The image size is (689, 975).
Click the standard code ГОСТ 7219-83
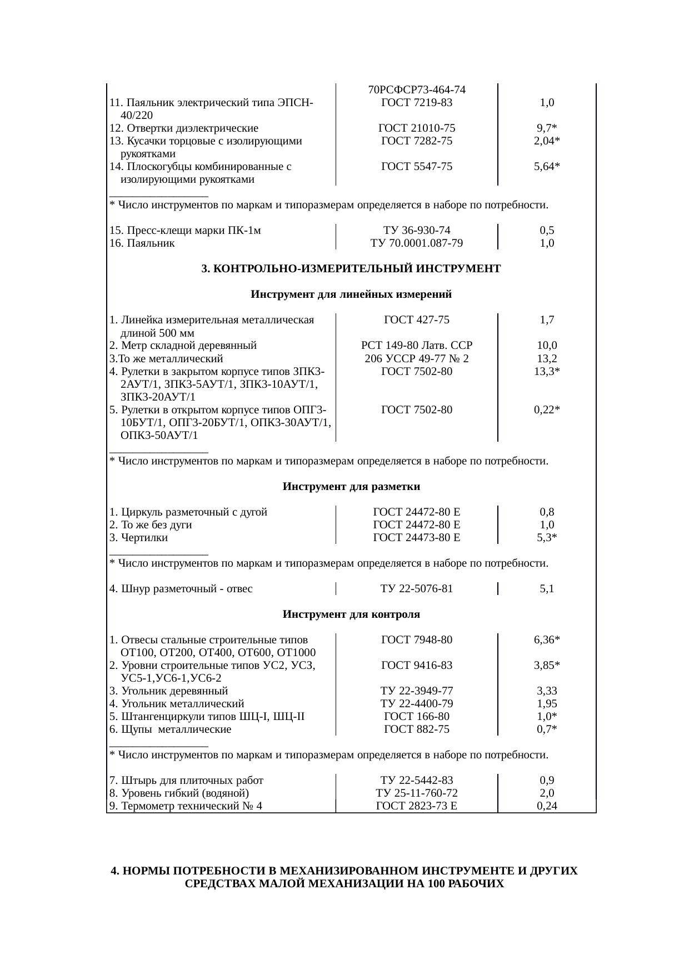[x=417, y=103]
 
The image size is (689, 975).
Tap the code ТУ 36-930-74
[x=417, y=231]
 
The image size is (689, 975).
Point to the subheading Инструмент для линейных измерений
[x=351, y=294]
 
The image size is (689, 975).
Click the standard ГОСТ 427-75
[x=417, y=320]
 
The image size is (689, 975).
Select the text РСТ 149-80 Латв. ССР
[x=417, y=346]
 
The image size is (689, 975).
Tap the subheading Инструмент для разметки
[x=351, y=487]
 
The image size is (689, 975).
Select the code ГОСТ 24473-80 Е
[x=417, y=538]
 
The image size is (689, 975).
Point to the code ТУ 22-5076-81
[x=417, y=589]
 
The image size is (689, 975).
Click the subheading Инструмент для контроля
[x=351, y=614]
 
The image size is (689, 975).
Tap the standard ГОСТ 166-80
[x=417, y=717]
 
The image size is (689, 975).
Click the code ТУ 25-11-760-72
[x=417, y=793]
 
